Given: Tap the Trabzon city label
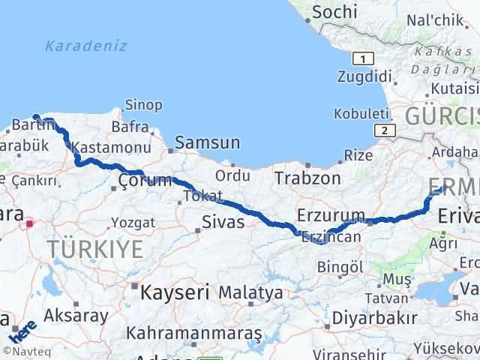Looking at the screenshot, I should (x=307, y=178).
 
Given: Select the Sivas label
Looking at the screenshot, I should (x=223, y=221).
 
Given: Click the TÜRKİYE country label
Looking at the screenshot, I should (x=94, y=250).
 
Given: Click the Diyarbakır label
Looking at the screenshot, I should (x=373, y=318).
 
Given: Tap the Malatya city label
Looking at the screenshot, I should (x=252, y=292).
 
